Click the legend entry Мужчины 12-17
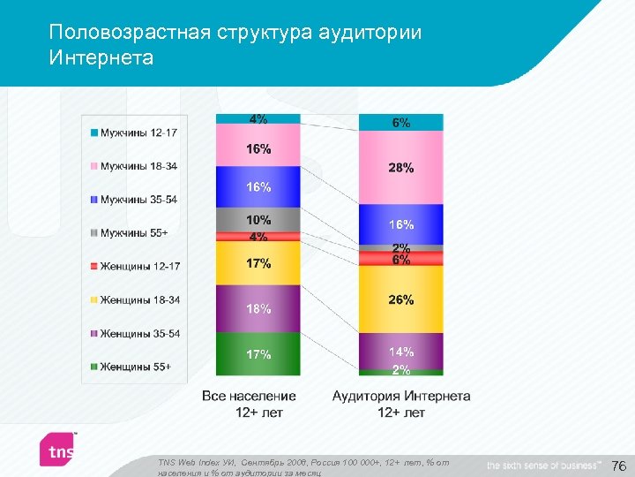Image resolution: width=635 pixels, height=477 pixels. (x=138, y=132)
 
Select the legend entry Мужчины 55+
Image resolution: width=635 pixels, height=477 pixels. (x=133, y=232)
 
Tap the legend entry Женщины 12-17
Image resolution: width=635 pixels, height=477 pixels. (x=139, y=266)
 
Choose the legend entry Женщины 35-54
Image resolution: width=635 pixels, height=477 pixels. (x=139, y=333)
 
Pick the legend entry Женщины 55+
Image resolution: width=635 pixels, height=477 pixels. (x=135, y=367)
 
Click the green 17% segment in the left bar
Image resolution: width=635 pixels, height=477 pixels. (x=258, y=355)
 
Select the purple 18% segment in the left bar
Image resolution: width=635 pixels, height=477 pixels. (x=258, y=309)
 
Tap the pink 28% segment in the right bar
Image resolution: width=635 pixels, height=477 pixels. (x=400, y=168)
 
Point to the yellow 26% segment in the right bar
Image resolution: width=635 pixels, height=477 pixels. (x=400, y=300)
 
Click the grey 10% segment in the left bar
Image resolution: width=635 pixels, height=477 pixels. (x=258, y=220)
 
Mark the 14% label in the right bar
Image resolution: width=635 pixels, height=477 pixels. (x=400, y=352)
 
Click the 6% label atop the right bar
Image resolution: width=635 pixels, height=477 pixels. (x=400, y=124)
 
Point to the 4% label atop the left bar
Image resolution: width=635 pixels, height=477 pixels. (x=258, y=118)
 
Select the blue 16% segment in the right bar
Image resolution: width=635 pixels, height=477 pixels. (x=400, y=224)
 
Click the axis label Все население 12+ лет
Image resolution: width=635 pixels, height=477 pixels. (x=249, y=405)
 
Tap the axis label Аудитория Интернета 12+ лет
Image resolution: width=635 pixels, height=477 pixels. (x=400, y=405)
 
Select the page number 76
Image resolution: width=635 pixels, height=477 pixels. (x=618, y=466)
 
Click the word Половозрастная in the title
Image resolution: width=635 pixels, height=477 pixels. (x=129, y=34)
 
